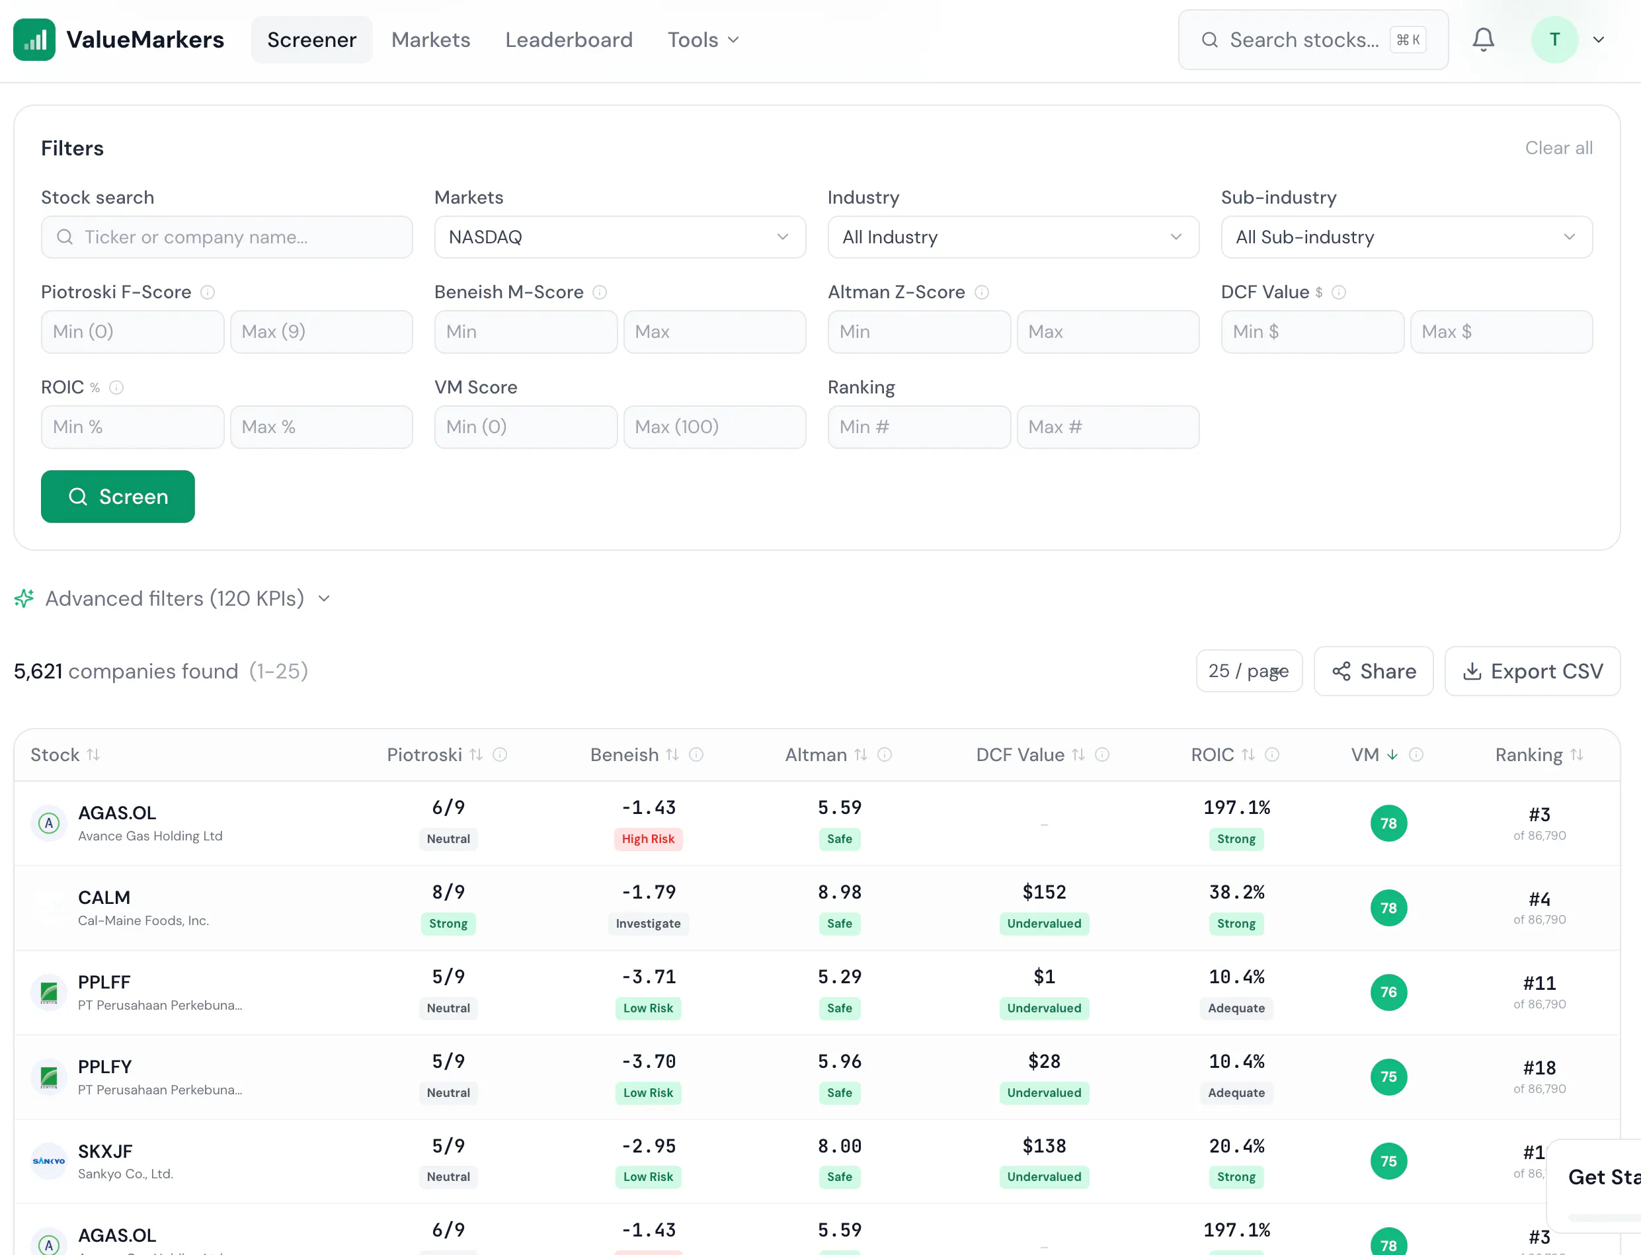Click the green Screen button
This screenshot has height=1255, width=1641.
[117, 497]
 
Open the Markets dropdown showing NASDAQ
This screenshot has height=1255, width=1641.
[620, 237]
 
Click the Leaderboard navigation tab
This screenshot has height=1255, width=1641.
[569, 40]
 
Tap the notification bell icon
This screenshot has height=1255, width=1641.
[1484, 40]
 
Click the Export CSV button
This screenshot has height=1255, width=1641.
[1532, 671]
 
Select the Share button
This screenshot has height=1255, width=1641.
[1374, 671]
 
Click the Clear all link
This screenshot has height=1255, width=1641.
[1559, 148]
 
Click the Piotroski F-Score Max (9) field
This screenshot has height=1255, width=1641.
[321, 332]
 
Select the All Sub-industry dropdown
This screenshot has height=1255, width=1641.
[1406, 237]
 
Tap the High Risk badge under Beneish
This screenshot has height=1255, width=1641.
[649, 839]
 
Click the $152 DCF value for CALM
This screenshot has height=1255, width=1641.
[1044, 892]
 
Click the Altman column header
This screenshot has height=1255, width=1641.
[816, 754]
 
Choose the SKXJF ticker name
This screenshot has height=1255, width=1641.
[105, 1151]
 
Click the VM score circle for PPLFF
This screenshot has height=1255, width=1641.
[1388, 992]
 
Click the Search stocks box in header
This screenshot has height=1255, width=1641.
[1313, 40]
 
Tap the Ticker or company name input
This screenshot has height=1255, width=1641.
[227, 237]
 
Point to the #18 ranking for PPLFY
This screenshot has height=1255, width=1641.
[1539, 1067]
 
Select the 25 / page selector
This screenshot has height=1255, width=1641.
[1249, 671]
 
